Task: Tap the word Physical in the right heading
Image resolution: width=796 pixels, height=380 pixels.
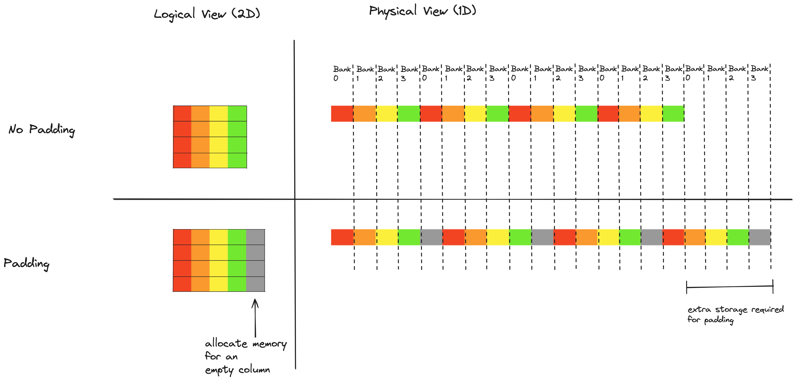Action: click(x=392, y=11)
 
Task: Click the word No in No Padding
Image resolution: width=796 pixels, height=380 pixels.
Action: click(x=16, y=129)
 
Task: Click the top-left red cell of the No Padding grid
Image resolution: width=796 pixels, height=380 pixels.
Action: click(x=182, y=113)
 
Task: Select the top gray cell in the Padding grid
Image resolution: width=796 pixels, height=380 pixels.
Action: click(x=256, y=237)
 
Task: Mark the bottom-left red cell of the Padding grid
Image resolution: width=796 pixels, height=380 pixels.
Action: click(x=182, y=284)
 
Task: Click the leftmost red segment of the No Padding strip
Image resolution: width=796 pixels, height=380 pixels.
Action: click(x=342, y=114)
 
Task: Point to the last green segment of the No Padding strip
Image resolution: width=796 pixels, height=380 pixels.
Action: click(x=673, y=114)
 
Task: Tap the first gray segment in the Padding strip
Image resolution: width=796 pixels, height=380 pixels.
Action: click(x=431, y=237)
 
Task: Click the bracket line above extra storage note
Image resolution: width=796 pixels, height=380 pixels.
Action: click(x=729, y=287)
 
